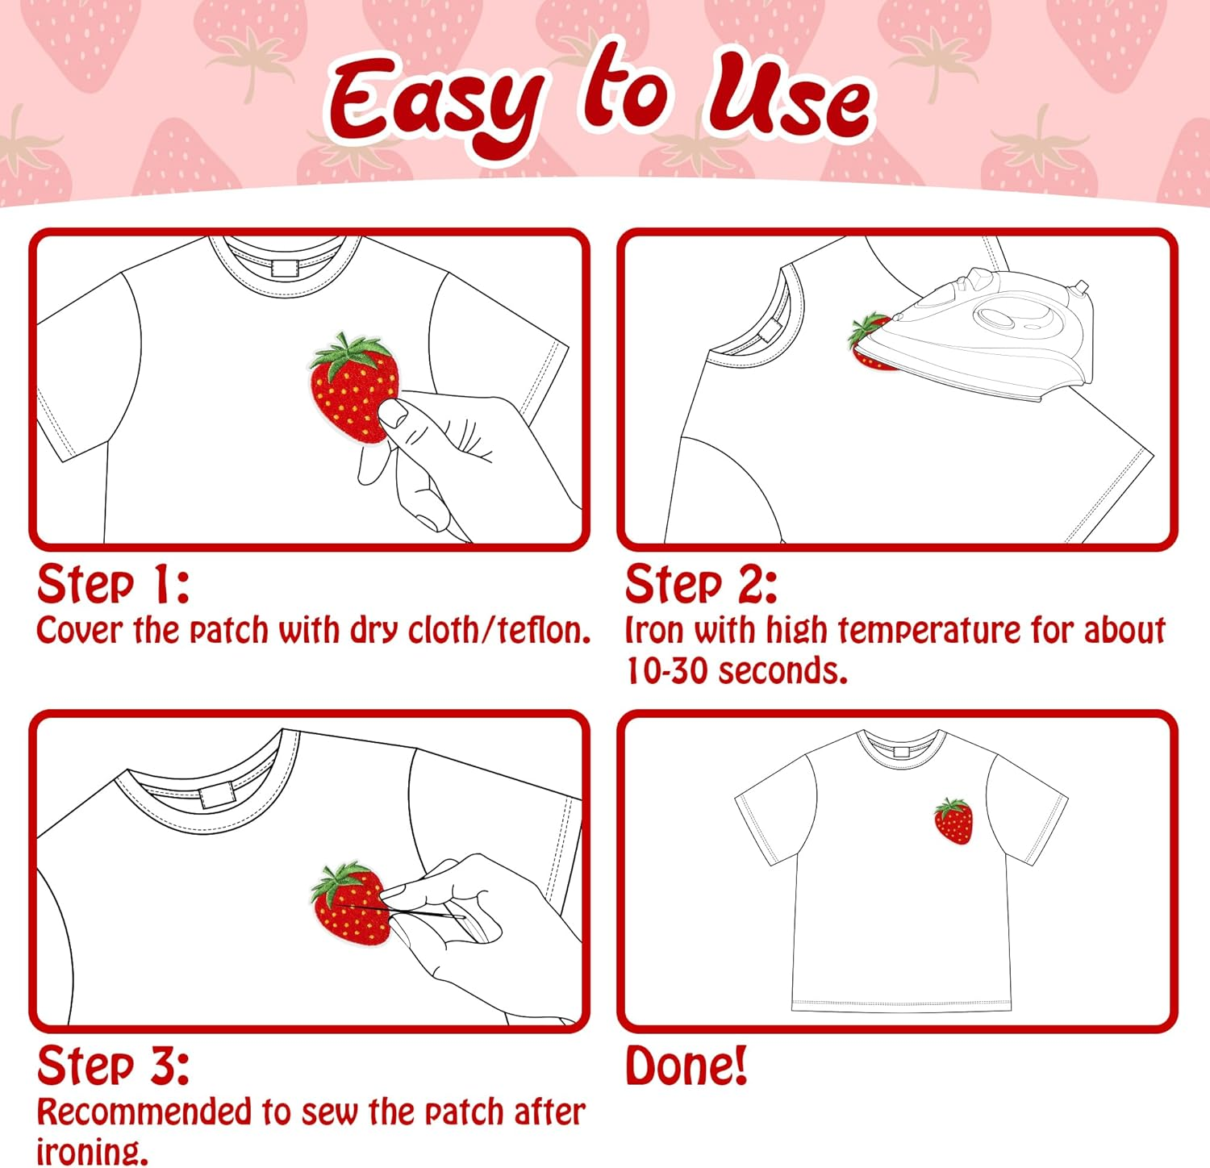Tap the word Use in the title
[789, 98]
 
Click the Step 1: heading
[113, 584]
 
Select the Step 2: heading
[700, 584]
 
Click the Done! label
[686, 1066]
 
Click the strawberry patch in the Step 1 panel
[353, 386]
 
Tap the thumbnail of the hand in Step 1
[394, 414]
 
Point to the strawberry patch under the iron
[868, 343]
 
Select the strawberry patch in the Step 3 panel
[348, 903]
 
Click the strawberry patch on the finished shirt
[953, 821]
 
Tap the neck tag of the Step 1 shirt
[285, 268]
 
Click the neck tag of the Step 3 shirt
[216, 796]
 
